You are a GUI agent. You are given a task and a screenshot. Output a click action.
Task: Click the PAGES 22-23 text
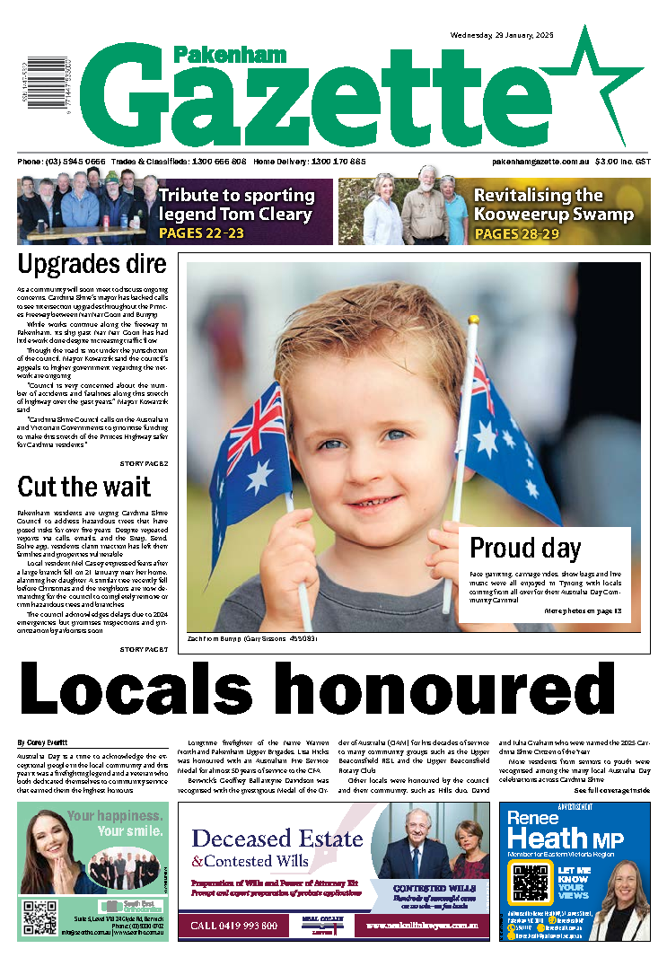click(x=200, y=233)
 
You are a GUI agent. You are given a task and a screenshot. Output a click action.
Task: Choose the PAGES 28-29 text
click(x=515, y=233)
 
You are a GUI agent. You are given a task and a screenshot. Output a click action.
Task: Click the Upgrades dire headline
click(x=92, y=265)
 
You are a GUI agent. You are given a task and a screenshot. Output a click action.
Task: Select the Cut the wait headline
click(x=84, y=487)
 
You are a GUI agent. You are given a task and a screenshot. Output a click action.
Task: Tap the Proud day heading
click(x=525, y=548)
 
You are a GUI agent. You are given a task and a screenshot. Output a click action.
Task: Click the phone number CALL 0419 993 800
click(x=236, y=925)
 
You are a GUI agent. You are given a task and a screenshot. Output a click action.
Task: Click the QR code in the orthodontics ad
click(x=40, y=918)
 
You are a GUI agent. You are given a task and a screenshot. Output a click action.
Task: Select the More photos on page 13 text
click(x=583, y=610)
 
